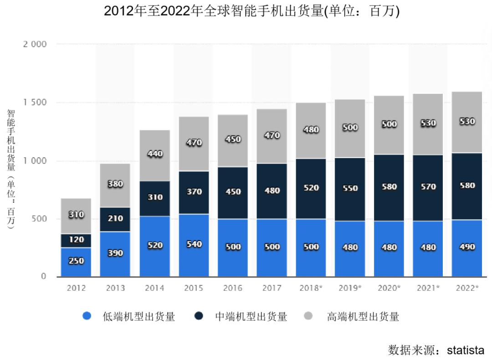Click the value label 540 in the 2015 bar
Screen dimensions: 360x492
(194, 244)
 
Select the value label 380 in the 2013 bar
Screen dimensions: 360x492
(115, 184)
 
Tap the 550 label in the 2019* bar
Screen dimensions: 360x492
(350, 188)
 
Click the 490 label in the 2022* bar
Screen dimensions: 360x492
(467, 247)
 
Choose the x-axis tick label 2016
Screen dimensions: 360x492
(233, 288)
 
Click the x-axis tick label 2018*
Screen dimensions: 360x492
(311, 288)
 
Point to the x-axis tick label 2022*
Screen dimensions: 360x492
(467, 288)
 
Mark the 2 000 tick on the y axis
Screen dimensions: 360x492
(35, 44)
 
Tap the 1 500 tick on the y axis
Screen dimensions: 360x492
(35, 103)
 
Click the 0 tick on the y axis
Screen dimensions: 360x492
(43, 277)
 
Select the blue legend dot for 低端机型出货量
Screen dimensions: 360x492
(87, 316)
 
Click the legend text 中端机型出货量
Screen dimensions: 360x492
(251, 316)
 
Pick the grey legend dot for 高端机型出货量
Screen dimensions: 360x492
(308, 316)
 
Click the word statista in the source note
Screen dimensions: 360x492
(466, 350)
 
